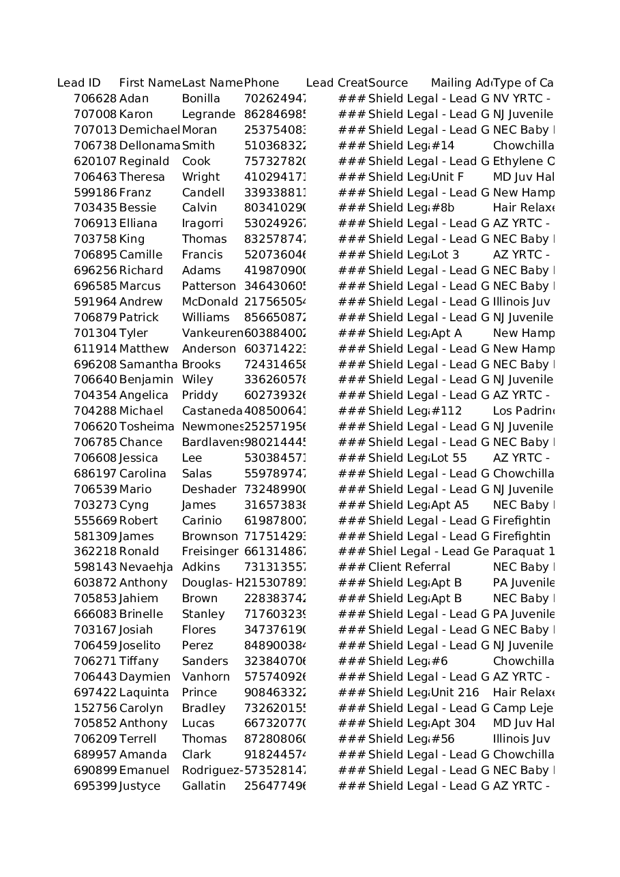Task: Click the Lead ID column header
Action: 79,83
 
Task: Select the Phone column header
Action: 262,83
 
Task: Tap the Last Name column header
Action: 212,83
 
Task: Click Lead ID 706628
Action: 95,99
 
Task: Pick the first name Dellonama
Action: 149,146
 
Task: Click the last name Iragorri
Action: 203,224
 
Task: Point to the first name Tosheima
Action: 147,427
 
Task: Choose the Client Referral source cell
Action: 409,567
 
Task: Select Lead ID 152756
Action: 95,709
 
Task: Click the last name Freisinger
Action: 210,552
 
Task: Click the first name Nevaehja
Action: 146,567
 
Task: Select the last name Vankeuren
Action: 212,333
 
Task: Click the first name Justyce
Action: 140,786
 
